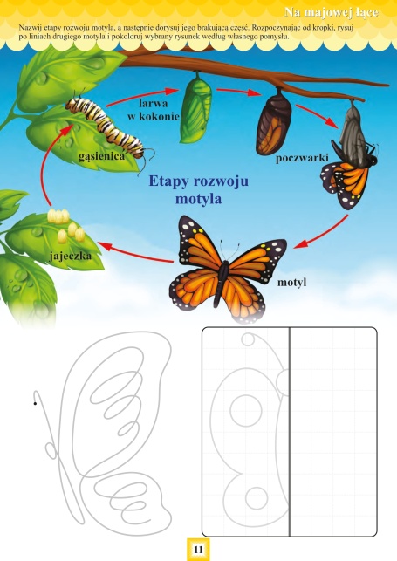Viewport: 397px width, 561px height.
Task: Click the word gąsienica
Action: (101, 157)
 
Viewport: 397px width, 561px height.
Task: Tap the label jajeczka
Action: (71, 257)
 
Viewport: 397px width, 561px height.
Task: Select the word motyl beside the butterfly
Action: (291, 283)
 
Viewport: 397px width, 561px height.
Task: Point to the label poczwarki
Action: (302, 158)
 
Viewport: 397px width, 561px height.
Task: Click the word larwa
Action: (153, 104)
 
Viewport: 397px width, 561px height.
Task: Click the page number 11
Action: (198, 549)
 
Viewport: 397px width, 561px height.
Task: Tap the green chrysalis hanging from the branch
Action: (196, 107)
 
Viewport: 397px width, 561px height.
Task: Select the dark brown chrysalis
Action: (274, 123)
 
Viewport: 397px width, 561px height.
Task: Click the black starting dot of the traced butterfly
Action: (35, 404)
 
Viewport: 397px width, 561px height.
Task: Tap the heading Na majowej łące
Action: (331, 12)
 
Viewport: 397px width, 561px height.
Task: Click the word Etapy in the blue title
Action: (168, 181)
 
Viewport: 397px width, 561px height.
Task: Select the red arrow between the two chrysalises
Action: (237, 92)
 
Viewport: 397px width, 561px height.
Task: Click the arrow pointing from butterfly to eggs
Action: (136, 253)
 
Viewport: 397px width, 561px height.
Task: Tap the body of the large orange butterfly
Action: (222, 283)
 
